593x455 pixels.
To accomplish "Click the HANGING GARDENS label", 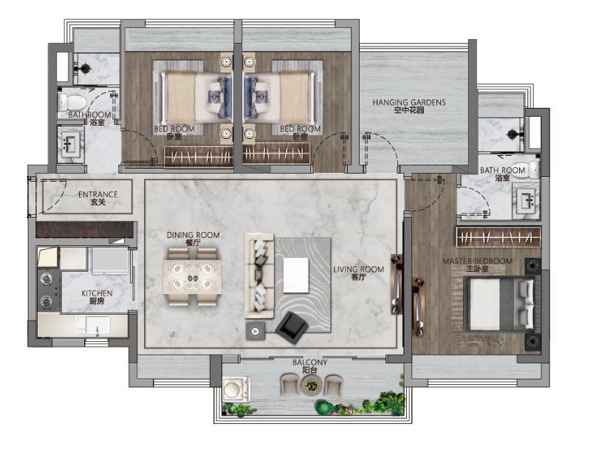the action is pos(409,102).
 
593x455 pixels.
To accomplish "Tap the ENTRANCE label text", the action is pos(97,194).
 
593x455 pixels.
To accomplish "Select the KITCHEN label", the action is pos(97,293).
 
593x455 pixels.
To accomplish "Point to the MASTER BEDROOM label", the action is pos(477,261).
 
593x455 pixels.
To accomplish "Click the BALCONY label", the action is pos(309,363).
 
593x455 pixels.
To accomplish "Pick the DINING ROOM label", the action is pos(193,235).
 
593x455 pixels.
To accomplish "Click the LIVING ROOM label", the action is pos(358,270).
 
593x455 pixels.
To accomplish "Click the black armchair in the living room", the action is pos(291,327).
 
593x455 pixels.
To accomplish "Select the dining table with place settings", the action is pos(193,277).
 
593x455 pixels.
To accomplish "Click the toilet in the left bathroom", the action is pos(72,102).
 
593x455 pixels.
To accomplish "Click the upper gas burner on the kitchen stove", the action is pos(47,279).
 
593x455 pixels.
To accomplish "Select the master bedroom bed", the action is pos(499,304).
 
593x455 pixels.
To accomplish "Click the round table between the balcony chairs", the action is pos(312,386).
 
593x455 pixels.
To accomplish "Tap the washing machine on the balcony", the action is pos(236,389).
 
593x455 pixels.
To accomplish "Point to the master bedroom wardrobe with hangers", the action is pos(498,237).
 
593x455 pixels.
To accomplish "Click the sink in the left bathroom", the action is pos(70,145).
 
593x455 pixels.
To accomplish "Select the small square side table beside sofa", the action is pos(256,332).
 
